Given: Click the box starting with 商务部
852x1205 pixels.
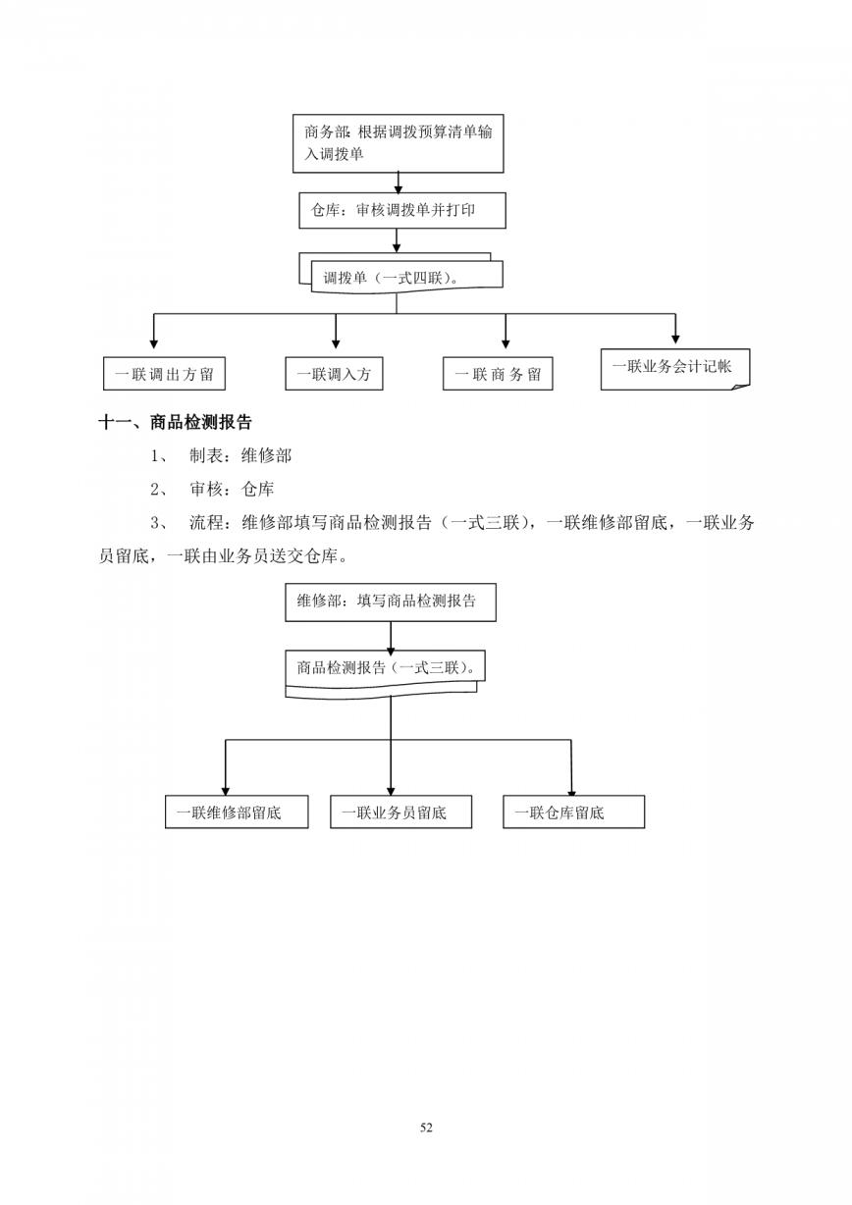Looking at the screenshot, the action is point(398,143).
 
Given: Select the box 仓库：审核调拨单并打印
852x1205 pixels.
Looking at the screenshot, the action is point(402,210).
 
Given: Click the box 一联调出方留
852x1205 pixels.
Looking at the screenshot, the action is point(164,373).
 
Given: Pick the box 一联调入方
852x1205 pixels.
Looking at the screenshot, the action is point(334,373).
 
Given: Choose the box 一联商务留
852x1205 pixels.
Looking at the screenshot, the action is point(498,373).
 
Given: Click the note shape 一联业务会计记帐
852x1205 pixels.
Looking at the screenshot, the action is point(675,369).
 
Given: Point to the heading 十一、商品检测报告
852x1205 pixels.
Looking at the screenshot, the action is point(176,422).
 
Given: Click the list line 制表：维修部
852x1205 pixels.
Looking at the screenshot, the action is point(221,456).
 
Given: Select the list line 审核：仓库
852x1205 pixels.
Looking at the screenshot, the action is point(212,490).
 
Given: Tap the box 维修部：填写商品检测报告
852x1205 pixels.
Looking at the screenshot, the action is point(391,602).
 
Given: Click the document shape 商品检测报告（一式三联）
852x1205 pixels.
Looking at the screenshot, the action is point(386,674).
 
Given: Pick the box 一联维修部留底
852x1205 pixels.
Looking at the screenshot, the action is point(237,812).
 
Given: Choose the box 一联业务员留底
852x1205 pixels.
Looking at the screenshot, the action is point(401,812).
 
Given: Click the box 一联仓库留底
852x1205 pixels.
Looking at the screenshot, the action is point(574,812).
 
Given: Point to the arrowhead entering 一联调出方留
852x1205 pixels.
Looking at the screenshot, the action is point(154,344).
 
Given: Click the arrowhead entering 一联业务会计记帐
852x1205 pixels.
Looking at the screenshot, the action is point(675,340).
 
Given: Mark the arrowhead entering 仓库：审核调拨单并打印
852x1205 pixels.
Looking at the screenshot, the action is point(399,188).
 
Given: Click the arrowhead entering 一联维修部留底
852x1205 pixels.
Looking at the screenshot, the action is point(226,791).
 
